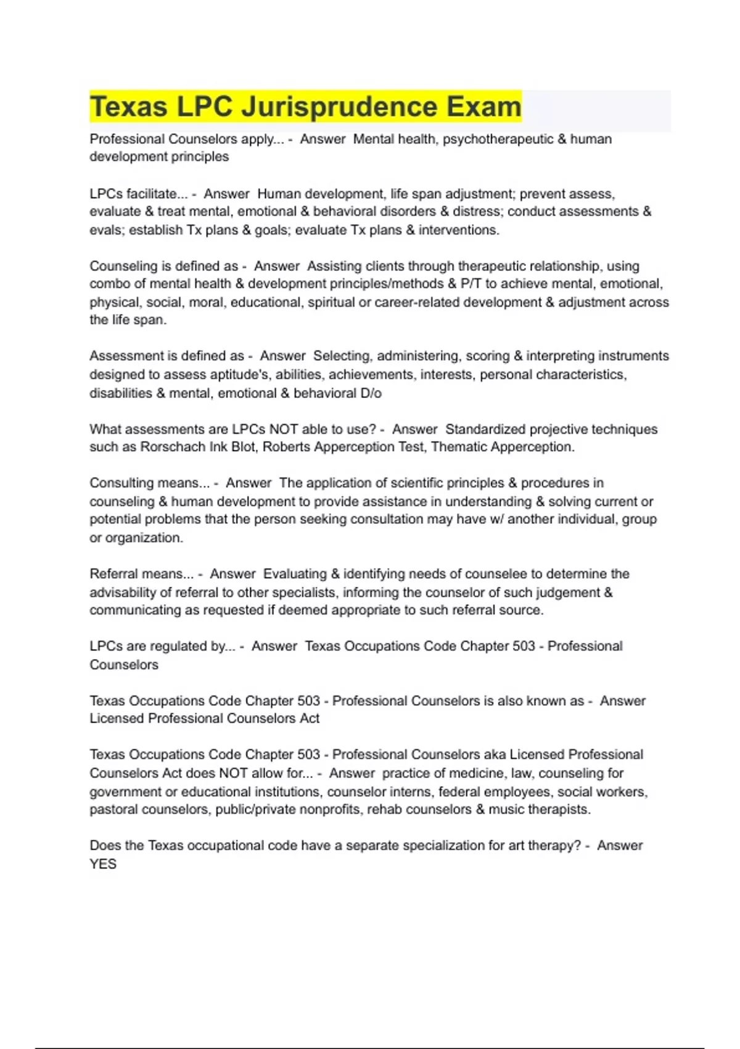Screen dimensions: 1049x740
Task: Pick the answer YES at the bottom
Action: [103, 864]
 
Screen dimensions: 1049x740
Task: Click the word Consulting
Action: [119, 483]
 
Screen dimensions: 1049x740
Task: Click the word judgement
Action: [568, 592]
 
